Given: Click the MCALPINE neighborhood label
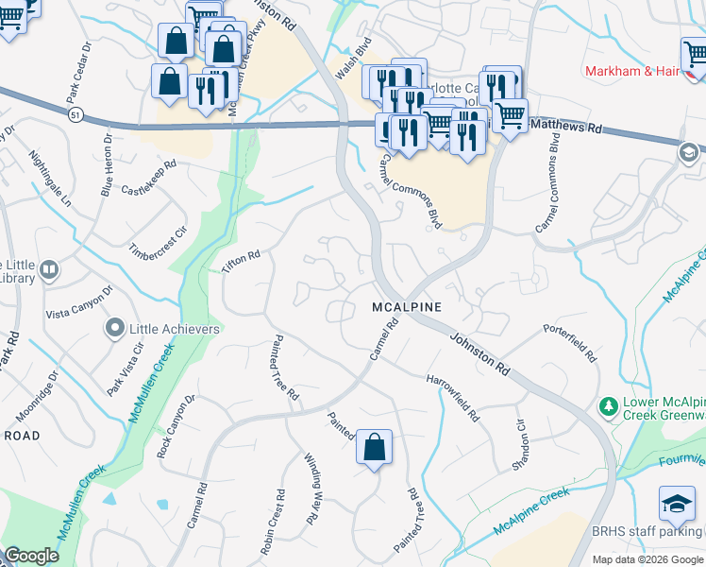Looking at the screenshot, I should tap(406, 308).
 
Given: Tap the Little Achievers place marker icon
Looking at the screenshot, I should tap(115, 329).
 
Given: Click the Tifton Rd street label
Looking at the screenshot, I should tap(240, 264).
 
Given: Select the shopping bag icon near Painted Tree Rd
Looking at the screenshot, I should tap(374, 447).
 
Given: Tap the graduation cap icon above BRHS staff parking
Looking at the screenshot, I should tap(677, 505).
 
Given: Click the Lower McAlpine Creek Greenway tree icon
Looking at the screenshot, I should tap(609, 406).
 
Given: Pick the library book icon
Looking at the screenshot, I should tap(48, 272).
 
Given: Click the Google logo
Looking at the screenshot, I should tap(31, 556).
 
